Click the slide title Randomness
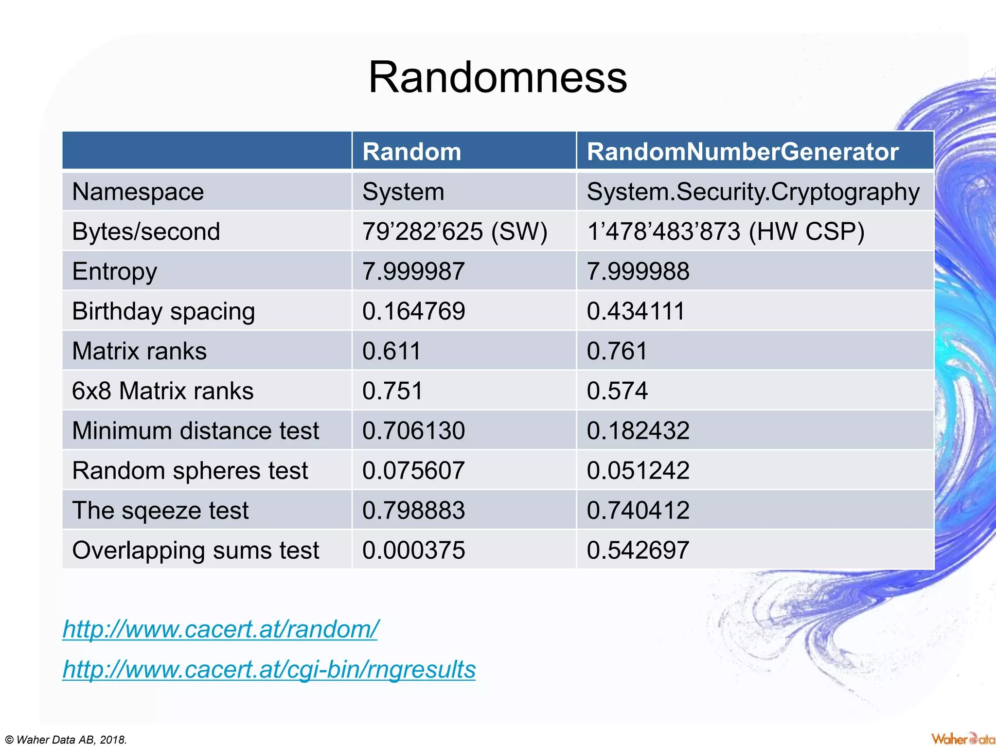pyautogui.click(x=498, y=78)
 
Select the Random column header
pyautogui.click(x=411, y=152)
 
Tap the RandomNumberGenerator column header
pyautogui.click(x=742, y=152)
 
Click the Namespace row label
pyautogui.click(x=138, y=192)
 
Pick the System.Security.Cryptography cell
pyautogui.click(x=753, y=192)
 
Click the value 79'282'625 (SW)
pyautogui.click(x=454, y=231)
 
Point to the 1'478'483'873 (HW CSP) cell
pyautogui.click(x=725, y=231)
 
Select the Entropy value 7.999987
pyautogui.click(x=413, y=271)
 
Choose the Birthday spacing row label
pyautogui.click(x=163, y=311)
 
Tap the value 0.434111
pyautogui.click(x=636, y=311)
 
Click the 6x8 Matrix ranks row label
pyautogui.click(x=162, y=391)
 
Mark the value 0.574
pyautogui.click(x=617, y=391)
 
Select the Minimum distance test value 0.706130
pyautogui.click(x=413, y=431)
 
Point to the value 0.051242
pyautogui.click(x=638, y=471)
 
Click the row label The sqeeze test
pyautogui.click(x=160, y=511)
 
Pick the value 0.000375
pyautogui.click(x=413, y=551)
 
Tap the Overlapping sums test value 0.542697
pyautogui.click(x=638, y=551)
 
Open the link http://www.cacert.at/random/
pyautogui.click(x=220, y=629)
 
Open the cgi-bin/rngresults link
pyautogui.click(x=269, y=669)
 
